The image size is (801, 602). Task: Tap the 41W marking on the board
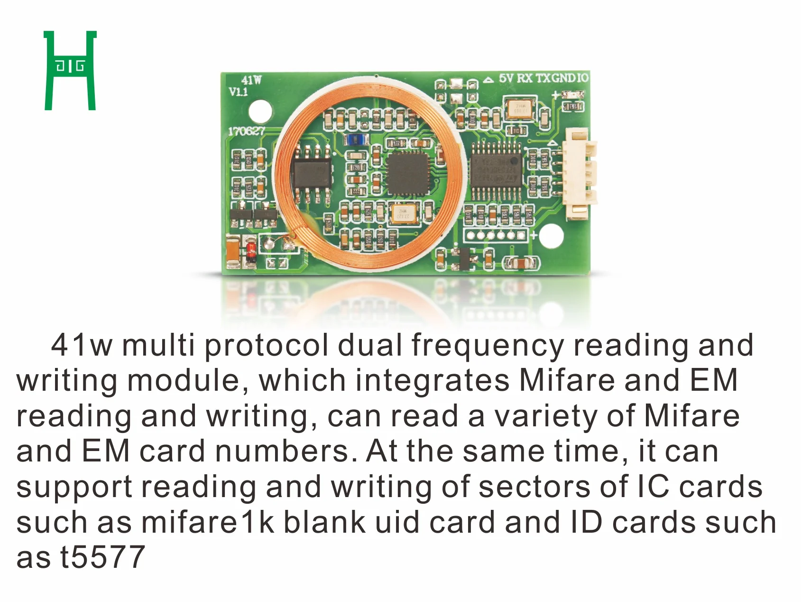(x=251, y=80)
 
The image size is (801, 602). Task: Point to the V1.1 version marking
(x=238, y=91)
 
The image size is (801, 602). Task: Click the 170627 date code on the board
(x=246, y=131)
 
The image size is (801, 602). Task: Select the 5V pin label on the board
(x=506, y=78)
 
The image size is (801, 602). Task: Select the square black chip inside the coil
(x=407, y=173)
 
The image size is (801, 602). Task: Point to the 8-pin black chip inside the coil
(x=312, y=174)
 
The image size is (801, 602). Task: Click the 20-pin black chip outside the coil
(x=496, y=169)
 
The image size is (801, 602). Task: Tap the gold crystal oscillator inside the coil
(x=404, y=213)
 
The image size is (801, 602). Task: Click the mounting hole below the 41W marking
(x=260, y=111)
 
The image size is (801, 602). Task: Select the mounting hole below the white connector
(x=551, y=235)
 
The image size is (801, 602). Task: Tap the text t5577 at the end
(x=102, y=557)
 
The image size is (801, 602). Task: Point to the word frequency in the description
(x=488, y=345)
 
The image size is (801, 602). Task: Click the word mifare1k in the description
(x=208, y=522)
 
